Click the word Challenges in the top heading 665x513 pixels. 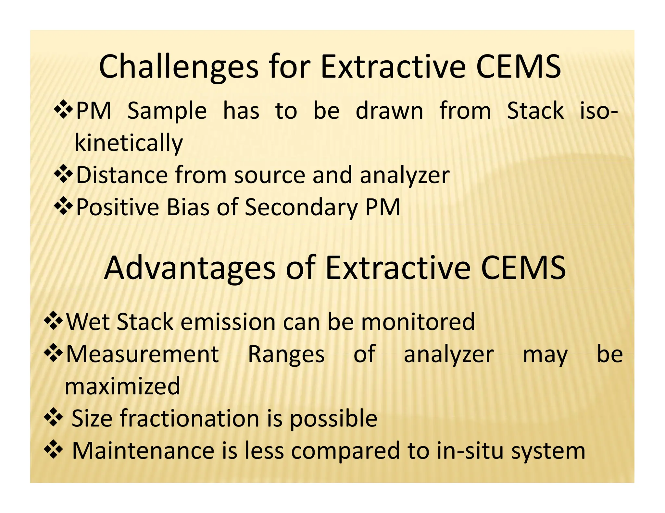pyautogui.click(x=178, y=67)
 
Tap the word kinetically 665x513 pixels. pyautogui.click(x=129, y=143)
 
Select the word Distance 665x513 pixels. pyautogui.click(x=121, y=175)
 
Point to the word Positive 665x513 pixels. pyautogui.click(x=117, y=207)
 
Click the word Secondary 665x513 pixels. pyautogui.click(x=301, y=207)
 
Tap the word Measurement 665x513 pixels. pyautogui.click(x=142, y=354)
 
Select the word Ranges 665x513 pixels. pyautogui.click(x=286, y=354)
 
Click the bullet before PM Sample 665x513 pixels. pyautogui.click(x=63, y=110)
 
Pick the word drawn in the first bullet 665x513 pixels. pyautogui.click(x=389, y=111)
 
